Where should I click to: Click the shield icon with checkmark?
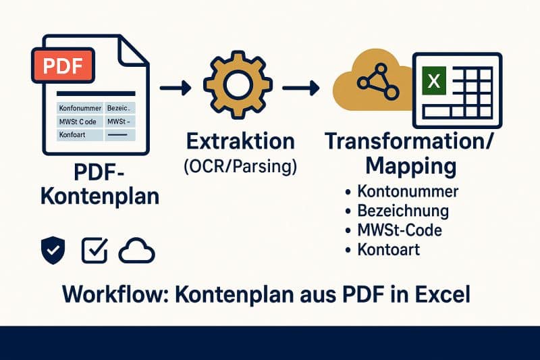pyautogui.click(x=54, y=251)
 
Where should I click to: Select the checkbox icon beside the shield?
pyautogui.click(x=94, y=251)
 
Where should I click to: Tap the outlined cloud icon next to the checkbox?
pyautogui.click(x=137, y=251)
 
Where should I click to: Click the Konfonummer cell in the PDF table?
pyautogui.click(x=80, y=107)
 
